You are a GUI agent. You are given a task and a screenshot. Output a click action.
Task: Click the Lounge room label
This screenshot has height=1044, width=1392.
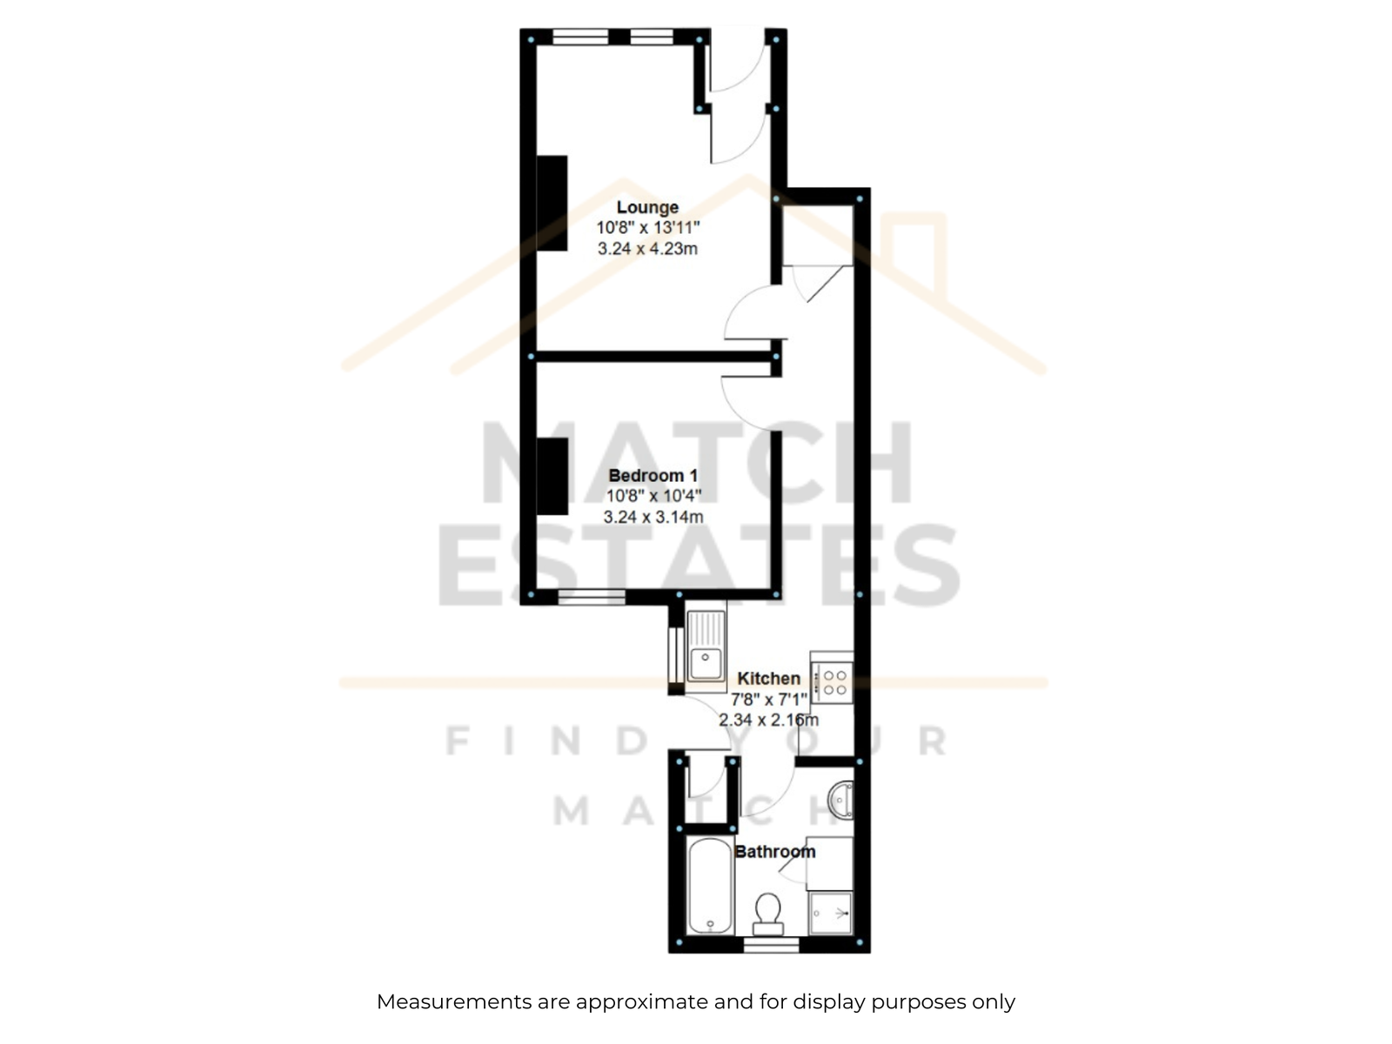click(x=647, y=207)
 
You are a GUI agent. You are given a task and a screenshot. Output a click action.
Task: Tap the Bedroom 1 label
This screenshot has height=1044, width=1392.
click(x=652, y=475)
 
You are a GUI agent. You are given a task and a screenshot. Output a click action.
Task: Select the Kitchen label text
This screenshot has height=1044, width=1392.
click(x=768, y=679)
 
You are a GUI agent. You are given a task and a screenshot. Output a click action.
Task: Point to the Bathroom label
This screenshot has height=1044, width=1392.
click(x=774, y=852)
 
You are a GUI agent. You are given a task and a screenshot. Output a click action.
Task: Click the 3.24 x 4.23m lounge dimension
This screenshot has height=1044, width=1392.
click(x=647, y=249)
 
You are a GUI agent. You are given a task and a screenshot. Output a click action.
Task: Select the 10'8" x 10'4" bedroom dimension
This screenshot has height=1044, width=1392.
click(x=653, y=496)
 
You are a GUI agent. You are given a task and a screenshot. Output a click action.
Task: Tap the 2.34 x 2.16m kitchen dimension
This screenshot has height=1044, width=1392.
click(x=768, y=720)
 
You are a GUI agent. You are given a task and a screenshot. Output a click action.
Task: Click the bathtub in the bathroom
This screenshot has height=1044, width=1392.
click(x=710, y=886)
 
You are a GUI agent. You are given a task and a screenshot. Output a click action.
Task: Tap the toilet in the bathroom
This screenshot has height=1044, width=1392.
click(x=768, y=913)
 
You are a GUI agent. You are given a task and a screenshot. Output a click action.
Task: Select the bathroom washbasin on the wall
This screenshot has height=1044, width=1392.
click(x=841, y=800)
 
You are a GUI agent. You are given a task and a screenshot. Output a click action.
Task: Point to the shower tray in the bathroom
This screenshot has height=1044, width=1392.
click(x=831, y=913)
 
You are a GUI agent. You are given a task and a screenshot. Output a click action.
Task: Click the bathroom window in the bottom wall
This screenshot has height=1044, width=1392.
click(x=771, y=946)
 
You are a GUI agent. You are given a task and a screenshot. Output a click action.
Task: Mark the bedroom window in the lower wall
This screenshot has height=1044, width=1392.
click(x=592, y=597)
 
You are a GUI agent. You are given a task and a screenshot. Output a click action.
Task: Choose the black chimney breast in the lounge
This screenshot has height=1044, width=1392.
click(x=552, y=203)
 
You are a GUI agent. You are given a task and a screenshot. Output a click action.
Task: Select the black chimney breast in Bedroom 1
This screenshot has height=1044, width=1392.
click(x=552, y=476)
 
